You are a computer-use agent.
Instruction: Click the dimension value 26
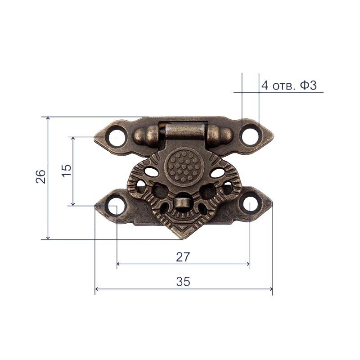(x=40, y=176)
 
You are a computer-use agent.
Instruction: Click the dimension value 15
(x=67, y=171)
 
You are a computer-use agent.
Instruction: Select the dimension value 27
(x=183, y=257)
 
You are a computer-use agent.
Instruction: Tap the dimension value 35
(x=183, y=282)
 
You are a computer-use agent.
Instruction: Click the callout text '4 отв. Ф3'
(x=289, y=85)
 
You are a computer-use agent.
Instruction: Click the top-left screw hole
(x=117, y=137)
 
